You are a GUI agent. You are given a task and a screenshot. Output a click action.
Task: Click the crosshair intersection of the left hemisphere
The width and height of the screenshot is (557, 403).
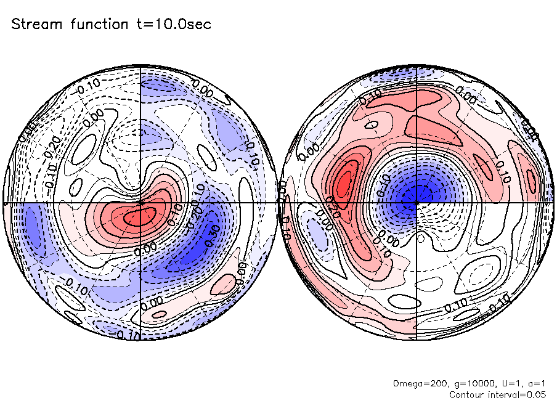click(x=140, y=202)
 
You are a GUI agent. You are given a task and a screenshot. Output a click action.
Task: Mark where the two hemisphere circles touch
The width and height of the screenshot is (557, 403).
click(x=278, y=203)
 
